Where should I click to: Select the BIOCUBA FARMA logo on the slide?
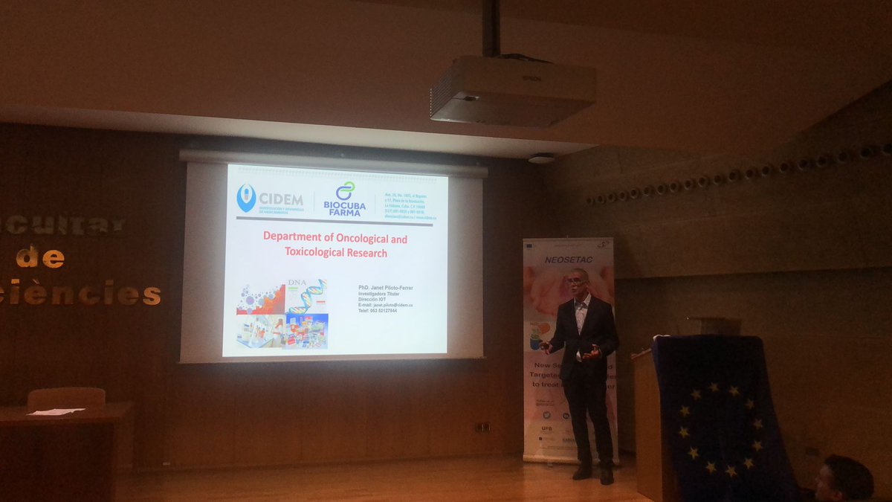pyautogui.click(x=345, y=199)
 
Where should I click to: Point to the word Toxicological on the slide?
pyautogui.click(x=317, y=253)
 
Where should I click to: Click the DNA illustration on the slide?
pyautogui.click(x=307, y=295)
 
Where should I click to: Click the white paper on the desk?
pyautogui.click(x=56, y=411)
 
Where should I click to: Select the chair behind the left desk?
pyautogui.click(x=66, y=397)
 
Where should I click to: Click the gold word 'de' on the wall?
pyautogui.click(x=40, y=258)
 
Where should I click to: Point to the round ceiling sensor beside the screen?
pyautogui.click(x=541, y=158)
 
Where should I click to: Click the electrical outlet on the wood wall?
pyautogui.click(x=482, y=427)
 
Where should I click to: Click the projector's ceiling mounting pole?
pyautogui.click(x=491, y=28)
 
